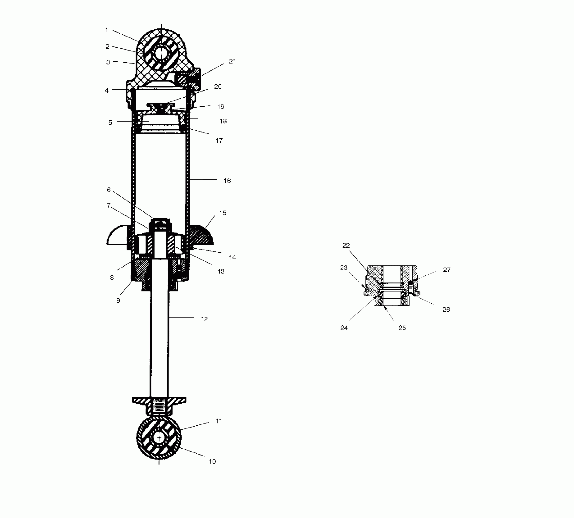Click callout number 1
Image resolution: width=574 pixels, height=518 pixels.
pyautogui.click(x=107, y=30)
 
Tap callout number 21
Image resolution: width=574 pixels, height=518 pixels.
pyautogui.click(x=232, y=61)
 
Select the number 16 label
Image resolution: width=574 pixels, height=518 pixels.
pyautogui.click(x=227, y=181)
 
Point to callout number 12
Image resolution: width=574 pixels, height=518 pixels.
pyautogui.click(x=204, y=319)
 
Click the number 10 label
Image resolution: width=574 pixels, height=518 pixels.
pyautogui.click(x=212, y=461)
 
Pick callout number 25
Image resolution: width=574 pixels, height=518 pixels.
pyautogui.click(x=402, y=328)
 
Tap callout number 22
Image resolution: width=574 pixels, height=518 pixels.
pyautogui.click(x=346, y=246)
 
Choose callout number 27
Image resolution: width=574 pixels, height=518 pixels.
pyautogui.click(x=447, y=270)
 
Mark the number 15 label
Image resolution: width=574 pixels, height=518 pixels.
pyautogui.click(x=223, y=213)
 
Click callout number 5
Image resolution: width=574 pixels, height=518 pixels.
pyautogui.click(x=110, y=123)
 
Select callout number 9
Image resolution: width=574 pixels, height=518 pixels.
pyautogui.click(x=118, y=300)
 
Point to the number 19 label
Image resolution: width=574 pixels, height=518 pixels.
pyautogui.click(x=221, y=107)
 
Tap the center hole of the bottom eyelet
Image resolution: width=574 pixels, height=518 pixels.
pyautogui.click(x=159, y=438)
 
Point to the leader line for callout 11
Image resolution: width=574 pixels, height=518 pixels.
pyautogui.click(x=195, y=426)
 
